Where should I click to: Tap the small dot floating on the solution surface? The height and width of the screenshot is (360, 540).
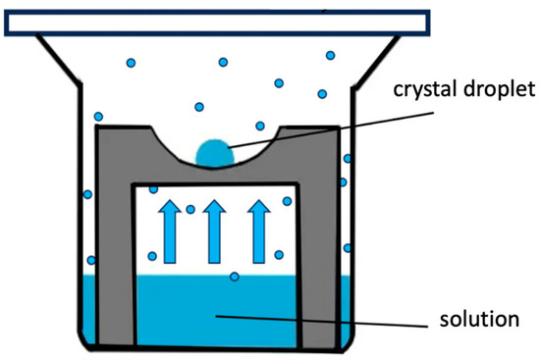234,277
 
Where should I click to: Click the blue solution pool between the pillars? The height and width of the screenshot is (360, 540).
215,314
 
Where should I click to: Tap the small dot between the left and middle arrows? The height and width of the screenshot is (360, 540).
190,209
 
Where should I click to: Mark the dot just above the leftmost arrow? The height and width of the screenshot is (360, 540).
153,189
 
